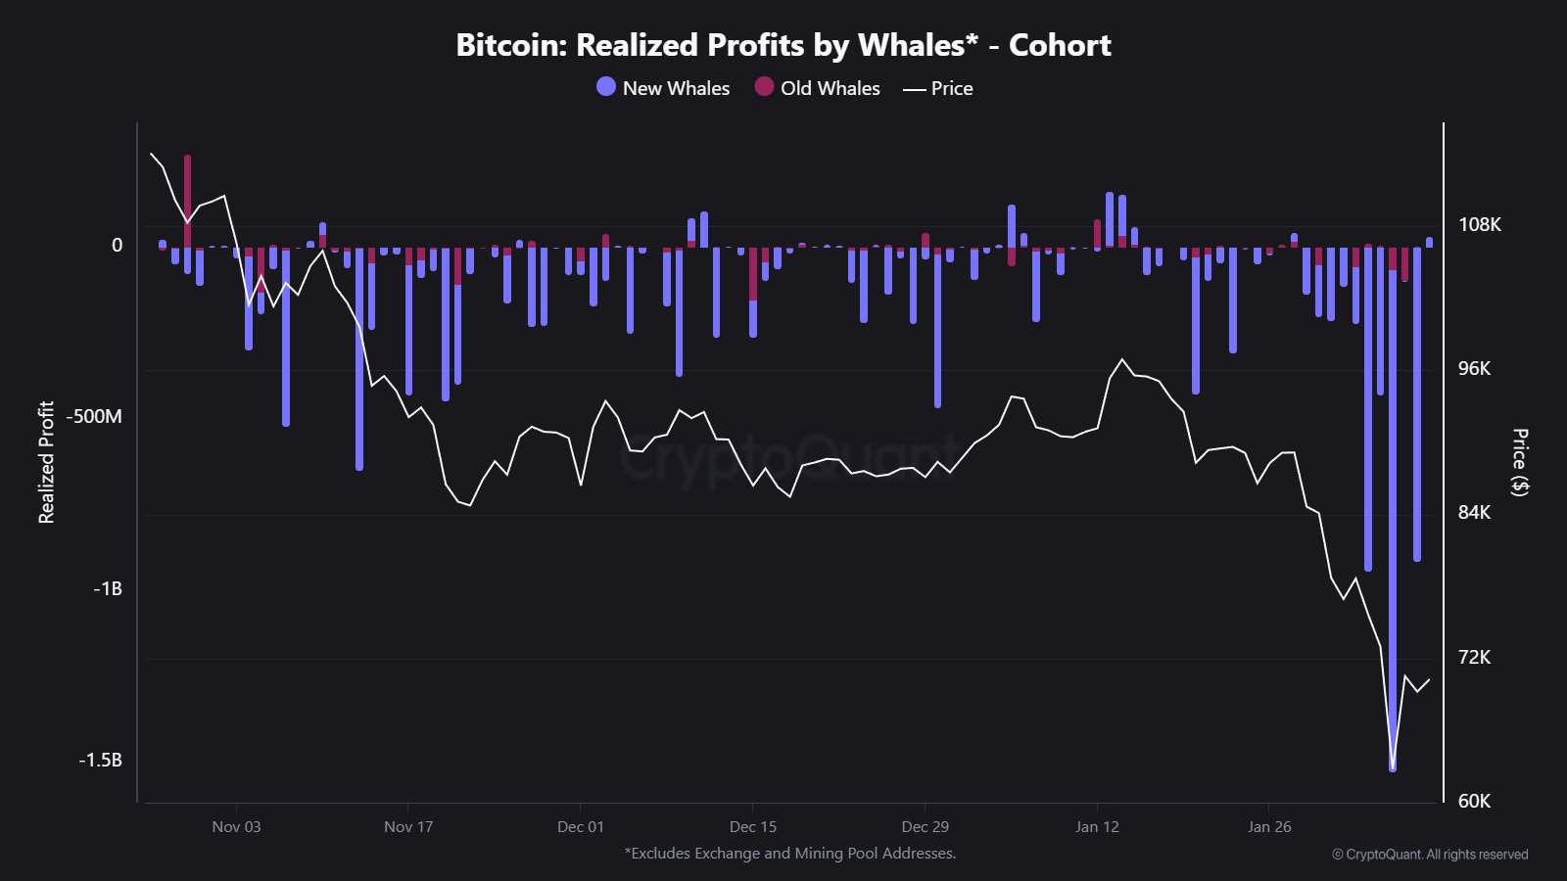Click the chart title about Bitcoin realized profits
(x=783, y=45)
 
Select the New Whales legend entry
(x=663, y=88)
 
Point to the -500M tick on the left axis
(x=94, y=416)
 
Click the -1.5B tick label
(x=100, y=760)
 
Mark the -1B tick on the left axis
(x=107, y=588)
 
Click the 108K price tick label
(x=1479, y=224)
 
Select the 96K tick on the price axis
(x=1474, y=368)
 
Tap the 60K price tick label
(x=1474, y=801)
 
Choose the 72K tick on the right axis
(x=1474, y=657)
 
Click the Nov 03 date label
(x=236, y=826)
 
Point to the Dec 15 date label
(x=753, y=826)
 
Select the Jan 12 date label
(x=1097, y=826)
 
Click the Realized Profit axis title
(x=46, y=462)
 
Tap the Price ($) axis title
(x=1520, y=462)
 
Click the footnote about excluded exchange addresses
(x=790, y=853)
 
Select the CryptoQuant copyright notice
(x=1430, y=855)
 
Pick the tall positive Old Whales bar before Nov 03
(x=187, y=196)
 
